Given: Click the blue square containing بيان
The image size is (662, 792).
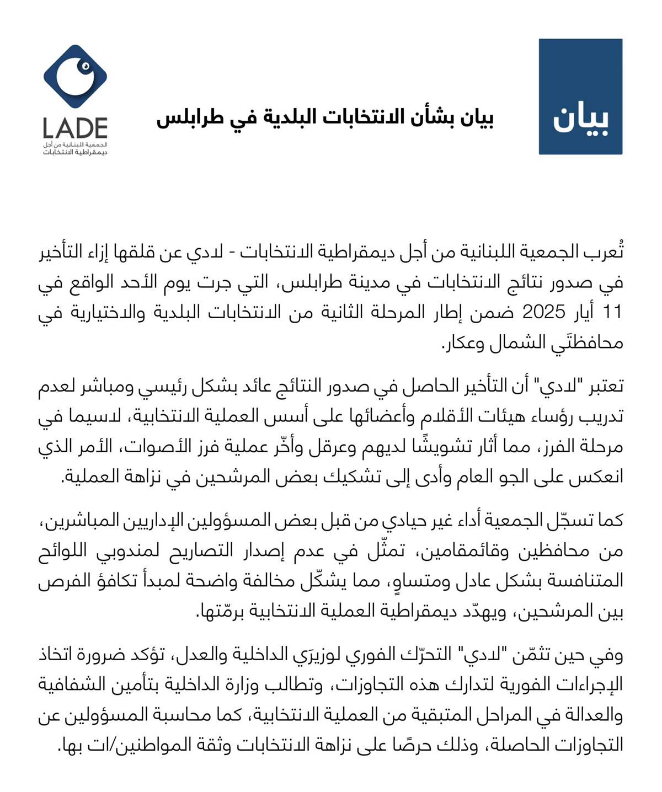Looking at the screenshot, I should point(580,97).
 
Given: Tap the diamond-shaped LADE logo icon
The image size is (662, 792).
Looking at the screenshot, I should point(76,78).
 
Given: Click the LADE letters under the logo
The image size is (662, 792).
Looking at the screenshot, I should point(75,129).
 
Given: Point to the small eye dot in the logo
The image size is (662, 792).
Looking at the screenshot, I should point(85,67).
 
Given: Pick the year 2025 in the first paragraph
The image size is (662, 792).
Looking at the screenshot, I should point(544,312).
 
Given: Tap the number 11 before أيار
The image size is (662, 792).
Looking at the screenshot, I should point(612,312).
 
